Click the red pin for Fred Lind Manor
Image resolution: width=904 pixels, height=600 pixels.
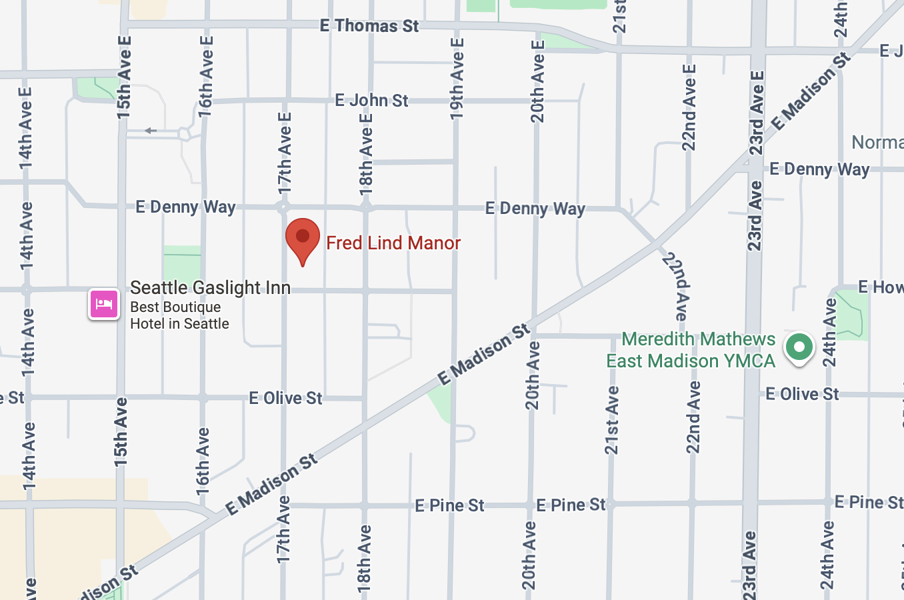(x=303, y=239)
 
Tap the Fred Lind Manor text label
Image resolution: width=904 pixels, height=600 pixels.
(x=393, y=243)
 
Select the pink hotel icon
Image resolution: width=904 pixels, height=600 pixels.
(x=104, y=304)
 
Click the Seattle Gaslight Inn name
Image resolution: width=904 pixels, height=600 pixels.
(x=210, y=288)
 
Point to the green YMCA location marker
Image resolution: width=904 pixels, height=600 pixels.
(x=799, y=347)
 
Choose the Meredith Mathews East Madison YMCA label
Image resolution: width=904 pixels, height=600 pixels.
(x=691, y=350)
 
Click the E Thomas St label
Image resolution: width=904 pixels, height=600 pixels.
(x=369, y=26)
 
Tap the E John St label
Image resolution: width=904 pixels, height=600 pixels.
(x=371, y=101)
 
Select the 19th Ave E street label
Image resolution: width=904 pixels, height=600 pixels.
(x=457, y=79)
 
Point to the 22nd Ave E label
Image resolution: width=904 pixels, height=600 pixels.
(x=689, y=107)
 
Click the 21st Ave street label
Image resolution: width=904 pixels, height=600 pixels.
(x=612, y=420)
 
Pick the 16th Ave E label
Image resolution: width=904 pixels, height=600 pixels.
(x=207, y=75)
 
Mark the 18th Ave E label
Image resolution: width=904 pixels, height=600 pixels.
(x=366, y=154)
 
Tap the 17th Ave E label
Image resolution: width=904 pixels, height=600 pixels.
(x=285, y=153)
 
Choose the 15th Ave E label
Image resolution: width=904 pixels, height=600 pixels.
(x=124, y=77)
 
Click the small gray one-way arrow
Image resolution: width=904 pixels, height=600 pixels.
(x=151, y=131)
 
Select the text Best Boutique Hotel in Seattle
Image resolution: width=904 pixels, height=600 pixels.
(x=179, y=315)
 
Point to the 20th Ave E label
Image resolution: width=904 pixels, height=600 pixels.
(x=537, y=81)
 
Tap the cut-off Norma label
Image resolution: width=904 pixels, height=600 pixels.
(x=877, y=142)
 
